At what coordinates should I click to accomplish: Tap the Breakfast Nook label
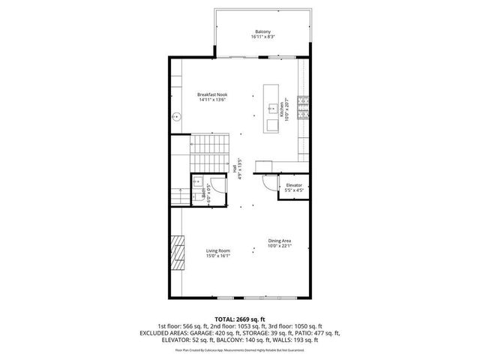(x=212, y=94)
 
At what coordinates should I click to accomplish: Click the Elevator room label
(x=293, y=184)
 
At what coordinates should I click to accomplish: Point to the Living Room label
(x=218, y=250)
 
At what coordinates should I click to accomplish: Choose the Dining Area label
(x=280, y=241)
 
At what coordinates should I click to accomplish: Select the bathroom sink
(x=199, y=184)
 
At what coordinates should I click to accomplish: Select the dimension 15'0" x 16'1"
(x=218, y=256)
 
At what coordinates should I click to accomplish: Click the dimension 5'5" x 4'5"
(x=293, y=190)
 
